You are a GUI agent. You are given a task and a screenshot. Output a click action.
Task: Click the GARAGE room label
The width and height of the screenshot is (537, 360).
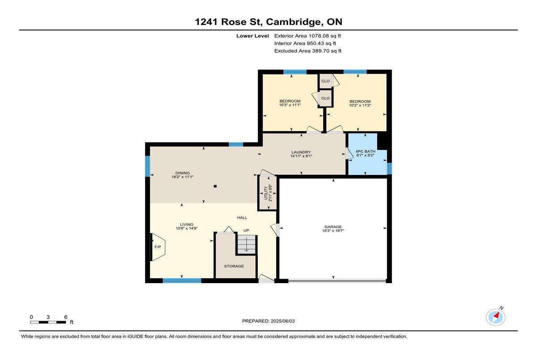click(x=333, y=227)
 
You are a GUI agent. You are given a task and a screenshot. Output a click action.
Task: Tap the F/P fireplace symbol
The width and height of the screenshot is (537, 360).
click(x=158, y=247)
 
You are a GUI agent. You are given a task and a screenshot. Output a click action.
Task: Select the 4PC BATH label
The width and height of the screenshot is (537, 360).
click(x=365, y=151)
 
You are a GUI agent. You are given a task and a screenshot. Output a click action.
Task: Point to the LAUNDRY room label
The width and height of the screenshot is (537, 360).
click(x=301, y=152)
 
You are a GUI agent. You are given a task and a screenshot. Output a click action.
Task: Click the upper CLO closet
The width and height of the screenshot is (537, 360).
click(x=325, y=81)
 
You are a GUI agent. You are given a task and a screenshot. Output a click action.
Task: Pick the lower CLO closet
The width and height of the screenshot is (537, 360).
click(x=325, y=98)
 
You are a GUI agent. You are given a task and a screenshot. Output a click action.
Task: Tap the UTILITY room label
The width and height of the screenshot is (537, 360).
click(x=266, y=193)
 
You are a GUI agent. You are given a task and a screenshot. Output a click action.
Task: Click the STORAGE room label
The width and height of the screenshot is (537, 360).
click(x=234, y=266)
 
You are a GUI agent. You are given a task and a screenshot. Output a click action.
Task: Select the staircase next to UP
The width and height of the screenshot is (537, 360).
click(x=247, y=244)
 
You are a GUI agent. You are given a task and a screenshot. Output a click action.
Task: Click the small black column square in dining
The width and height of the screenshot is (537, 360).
click(x=215, y=186)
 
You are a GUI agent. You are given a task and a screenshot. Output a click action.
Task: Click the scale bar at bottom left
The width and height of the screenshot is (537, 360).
click(x=48, y=322)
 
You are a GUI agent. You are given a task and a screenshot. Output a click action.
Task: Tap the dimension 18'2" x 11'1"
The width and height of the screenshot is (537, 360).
click(x=183, y=177)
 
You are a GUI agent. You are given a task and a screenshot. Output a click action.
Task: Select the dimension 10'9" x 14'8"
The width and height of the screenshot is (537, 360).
click(x=187, y=229)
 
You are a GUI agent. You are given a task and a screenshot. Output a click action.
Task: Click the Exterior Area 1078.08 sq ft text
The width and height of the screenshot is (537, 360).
click(x=307, y=36)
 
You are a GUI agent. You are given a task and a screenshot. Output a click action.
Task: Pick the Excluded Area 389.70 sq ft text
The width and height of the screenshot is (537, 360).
click(x=308, y=51)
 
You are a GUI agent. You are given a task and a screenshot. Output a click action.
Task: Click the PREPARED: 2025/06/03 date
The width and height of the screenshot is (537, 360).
click(x=268, y=321)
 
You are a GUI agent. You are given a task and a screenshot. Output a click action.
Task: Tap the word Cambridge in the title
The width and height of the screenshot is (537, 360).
click(x=294, y=22)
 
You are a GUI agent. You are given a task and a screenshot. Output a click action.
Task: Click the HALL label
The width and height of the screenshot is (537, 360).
click(x=242, y=218)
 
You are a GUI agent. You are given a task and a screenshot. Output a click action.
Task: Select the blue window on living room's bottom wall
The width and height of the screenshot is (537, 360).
click(x=182, y=281)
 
